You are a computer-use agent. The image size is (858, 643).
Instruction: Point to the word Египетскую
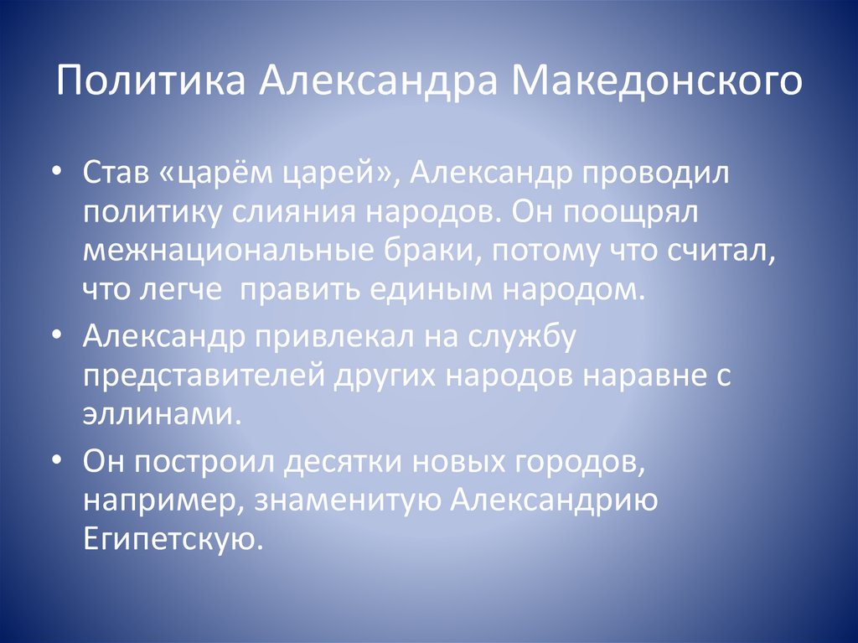click(x=173, y=539)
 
